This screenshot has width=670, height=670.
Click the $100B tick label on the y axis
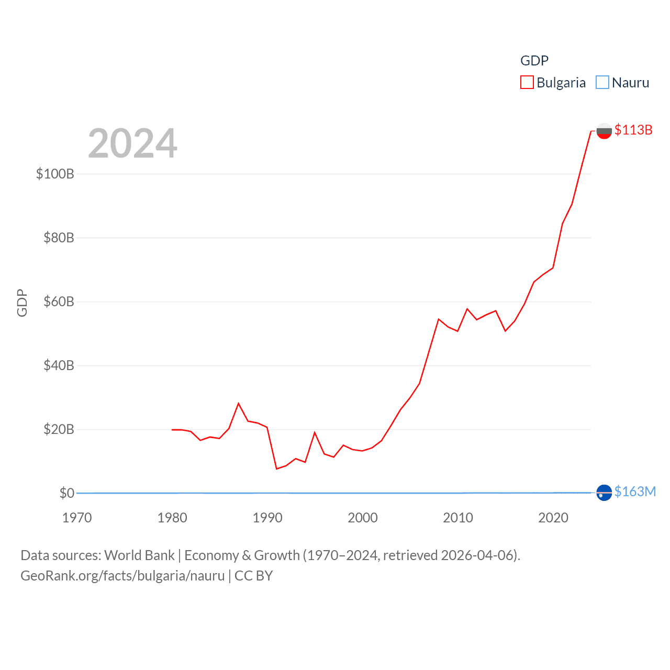pyautogui.click(x=55, y=174)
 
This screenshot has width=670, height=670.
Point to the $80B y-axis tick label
pyautogui.click(x=59, y=238)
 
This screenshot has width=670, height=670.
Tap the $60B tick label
pyautogui.click(x=59, y=301)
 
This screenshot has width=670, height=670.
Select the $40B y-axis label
pyautogui.click(x=59, y=365)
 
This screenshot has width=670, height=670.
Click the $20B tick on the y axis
pyautogui.click(x=59, y=429)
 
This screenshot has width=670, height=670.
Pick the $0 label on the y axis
pyautogui.click(x=66, y=493)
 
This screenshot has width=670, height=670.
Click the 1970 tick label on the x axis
pyautogui.click(x=77, y=518)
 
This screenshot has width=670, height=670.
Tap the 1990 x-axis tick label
pyautogui.click(x=267, y=518)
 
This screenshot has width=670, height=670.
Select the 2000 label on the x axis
pyautogui.click(x=363, y=518)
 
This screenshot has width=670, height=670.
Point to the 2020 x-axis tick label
pyautogui.click(x=553, y=518)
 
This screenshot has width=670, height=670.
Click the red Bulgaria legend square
pyautogui.click(x=527, y=83)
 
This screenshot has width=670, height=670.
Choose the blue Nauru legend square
pyautogui.click(x=602, y=83)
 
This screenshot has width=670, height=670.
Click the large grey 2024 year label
pyautogui.click(x=132, y=143)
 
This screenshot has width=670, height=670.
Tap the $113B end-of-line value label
pyautogui.click(x=633, y=130)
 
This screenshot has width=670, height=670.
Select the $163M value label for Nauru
pyautogui.click(x=635, y=492)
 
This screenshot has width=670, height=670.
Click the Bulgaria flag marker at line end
pyautogui.click(x=604, y=131)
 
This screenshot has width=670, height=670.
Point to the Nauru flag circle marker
pyautogui.click(x=604, y=493)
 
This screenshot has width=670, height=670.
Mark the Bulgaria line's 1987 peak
pyautogui.click(x=239, y=404)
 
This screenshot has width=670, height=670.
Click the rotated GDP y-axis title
pyautogui.click(x=22, y=303)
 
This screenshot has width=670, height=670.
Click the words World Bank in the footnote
pyautogui.click(x=139, y=555)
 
